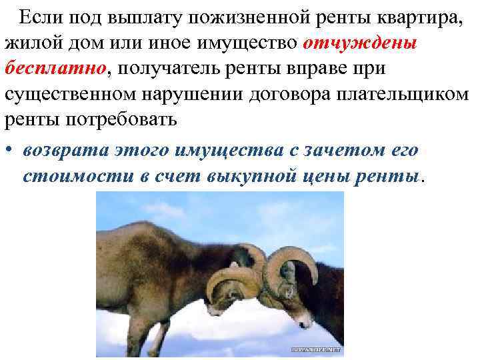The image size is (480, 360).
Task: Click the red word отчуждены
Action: pos(359,43)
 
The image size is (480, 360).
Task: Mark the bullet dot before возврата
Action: pos(9,151)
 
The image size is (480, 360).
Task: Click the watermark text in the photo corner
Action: pos(317,349)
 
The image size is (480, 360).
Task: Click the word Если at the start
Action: pos(39,18)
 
